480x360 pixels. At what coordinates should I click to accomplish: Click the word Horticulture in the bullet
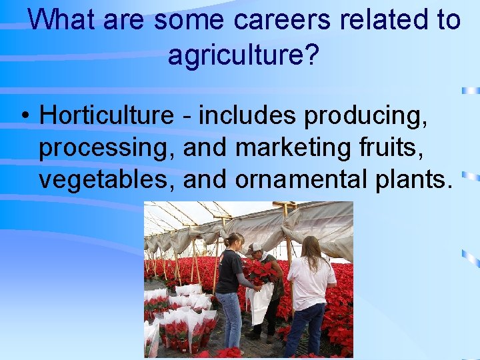coord(107,115)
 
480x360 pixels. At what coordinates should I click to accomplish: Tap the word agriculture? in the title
coord(243,55)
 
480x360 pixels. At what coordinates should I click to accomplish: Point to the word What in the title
coord(62,19)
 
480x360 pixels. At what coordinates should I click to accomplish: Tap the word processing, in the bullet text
coord(107,147)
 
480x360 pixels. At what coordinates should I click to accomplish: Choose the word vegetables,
coord(107,179)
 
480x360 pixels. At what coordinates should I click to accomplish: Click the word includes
coord(247,115)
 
